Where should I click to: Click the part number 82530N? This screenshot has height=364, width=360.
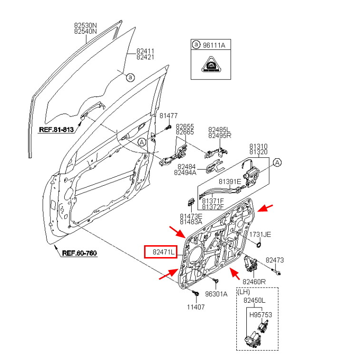point(85,25)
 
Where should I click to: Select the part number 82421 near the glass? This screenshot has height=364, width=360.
point(146,57)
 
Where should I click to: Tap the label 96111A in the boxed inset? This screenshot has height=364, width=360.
point(214,45)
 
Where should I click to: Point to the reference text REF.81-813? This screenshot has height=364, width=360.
point(56,129)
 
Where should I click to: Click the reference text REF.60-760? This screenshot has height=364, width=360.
point(79,253)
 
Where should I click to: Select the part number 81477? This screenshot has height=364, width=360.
point(168,115)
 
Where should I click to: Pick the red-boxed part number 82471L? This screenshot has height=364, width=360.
point(160,252)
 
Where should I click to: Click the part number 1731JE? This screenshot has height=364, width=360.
point(260,234)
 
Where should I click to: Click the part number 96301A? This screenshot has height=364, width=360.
point(216,294)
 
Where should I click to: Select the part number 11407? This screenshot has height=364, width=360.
point(195,307)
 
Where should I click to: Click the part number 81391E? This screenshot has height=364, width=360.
point(230,182)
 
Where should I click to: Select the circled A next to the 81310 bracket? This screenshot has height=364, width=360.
point(277,163)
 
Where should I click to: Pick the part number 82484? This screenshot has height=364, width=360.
point(187,167)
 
